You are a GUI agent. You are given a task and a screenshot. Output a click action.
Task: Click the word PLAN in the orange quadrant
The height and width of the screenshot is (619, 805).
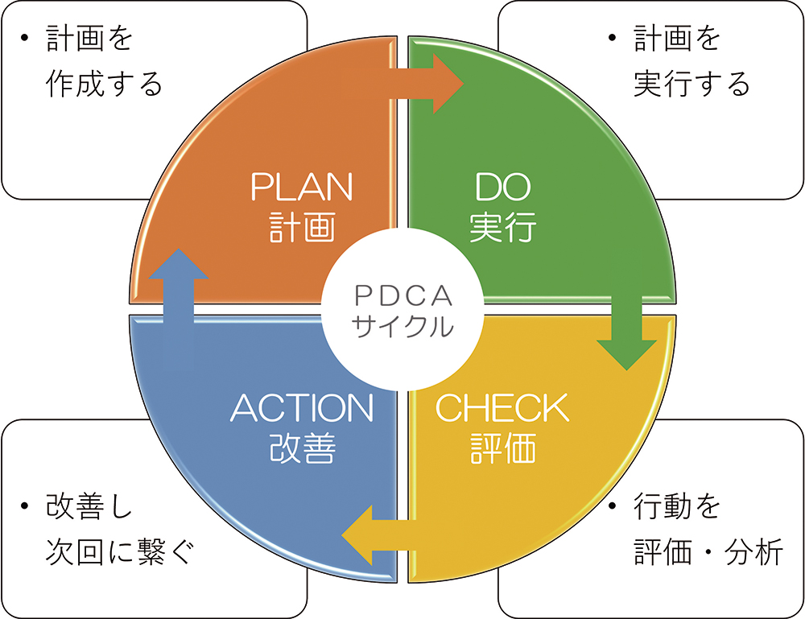(302, 187)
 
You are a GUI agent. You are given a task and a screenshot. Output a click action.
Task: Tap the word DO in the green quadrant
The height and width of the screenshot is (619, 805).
(502, 187)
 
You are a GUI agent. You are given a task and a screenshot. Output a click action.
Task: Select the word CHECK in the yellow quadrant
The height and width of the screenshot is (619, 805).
(502, 408)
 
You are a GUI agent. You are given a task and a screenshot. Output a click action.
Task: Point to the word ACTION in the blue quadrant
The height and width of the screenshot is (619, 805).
(302, 408)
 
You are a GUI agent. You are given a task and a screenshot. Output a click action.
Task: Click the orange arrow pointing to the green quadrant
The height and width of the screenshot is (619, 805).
(403, 84)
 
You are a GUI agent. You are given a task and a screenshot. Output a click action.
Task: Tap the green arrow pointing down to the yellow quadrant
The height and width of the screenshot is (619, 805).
(627, 308)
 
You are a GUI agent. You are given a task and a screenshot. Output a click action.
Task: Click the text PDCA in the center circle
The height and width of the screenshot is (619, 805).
(403, 295)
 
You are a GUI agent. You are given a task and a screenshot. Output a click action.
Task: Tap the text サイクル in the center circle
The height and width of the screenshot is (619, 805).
(403, 326)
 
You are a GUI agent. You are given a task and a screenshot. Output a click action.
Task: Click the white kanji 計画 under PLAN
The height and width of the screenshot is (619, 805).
(302, 226)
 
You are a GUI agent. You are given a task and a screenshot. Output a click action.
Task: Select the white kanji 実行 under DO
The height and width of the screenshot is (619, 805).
(502, 226)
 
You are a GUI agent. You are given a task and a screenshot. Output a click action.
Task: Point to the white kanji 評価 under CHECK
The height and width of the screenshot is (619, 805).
(502, 448)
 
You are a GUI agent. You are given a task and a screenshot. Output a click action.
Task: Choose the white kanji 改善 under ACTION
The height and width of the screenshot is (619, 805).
(302, 448)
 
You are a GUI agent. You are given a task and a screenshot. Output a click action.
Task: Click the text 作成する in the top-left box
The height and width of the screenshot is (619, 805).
(104, 84)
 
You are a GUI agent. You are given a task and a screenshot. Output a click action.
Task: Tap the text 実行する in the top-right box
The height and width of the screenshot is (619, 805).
(691, 84)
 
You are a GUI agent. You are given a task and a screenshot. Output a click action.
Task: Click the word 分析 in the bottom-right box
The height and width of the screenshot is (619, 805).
(753, 552)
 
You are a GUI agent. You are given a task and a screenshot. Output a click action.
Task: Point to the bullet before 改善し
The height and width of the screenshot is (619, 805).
(24, 506)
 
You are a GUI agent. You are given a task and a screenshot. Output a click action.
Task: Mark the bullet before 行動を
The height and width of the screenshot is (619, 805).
(612, 506)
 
